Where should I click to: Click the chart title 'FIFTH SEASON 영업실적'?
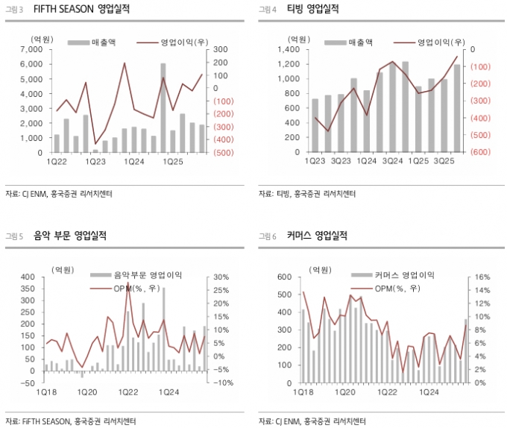(74, 9)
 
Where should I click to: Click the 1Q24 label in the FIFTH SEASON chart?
(134, 162)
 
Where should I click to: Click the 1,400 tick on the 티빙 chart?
(288, 49)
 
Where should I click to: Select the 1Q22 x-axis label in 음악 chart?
(127, 391)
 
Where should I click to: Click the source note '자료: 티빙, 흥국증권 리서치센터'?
(305, 194)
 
